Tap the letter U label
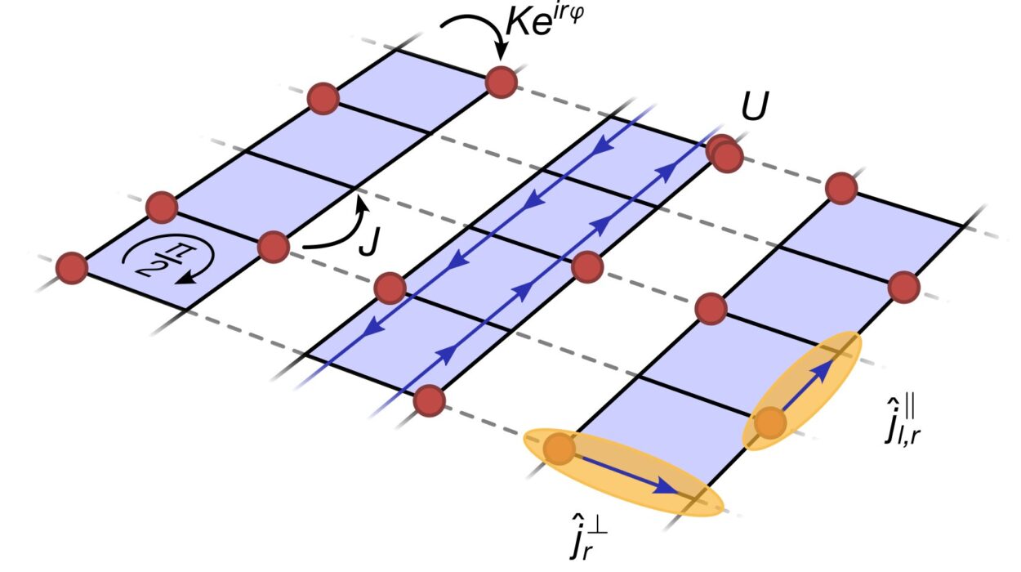point(755,106)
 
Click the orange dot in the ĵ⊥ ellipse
point(560,449)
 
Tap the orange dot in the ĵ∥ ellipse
point(770,423)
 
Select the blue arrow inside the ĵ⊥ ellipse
point(628,476)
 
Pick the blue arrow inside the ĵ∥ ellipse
point(808,384)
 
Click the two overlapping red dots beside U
point(725,154)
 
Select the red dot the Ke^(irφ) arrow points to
point(502,82)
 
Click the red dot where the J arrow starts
point(274,246)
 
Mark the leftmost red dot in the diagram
point(72,268)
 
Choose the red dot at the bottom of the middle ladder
point(430,401)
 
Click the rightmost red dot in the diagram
point(904,287)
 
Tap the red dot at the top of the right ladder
point(841,189)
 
